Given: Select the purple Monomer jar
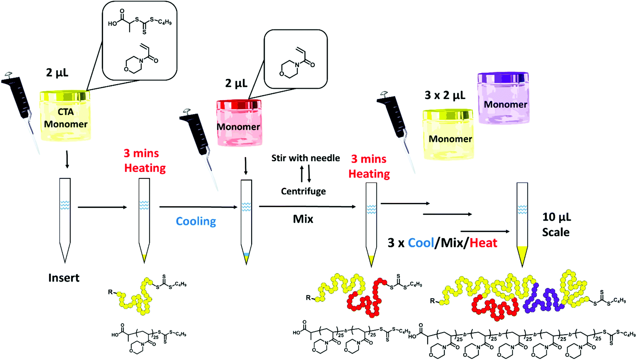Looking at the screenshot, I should tap(504, 99).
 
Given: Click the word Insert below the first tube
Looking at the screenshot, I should tap(64, 278).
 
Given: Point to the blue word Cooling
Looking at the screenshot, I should tap(196, 221).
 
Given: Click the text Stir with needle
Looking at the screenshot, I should tap(305, 158).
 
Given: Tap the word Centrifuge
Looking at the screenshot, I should tap(303, 191).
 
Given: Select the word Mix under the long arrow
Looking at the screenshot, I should tap(303, 219).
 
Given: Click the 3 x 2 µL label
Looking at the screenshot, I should tap(445, 95).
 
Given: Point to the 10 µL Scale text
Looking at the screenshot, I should tap(556, 224).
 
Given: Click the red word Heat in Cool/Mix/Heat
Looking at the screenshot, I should tap(483, 243).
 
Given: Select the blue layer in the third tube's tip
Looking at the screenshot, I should tap(246, 254).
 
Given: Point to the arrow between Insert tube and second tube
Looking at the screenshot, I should tap(102, 207).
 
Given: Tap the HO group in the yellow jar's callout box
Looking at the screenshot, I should tap(112, 24).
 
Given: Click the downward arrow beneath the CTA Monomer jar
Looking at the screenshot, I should tap(67, 159).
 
